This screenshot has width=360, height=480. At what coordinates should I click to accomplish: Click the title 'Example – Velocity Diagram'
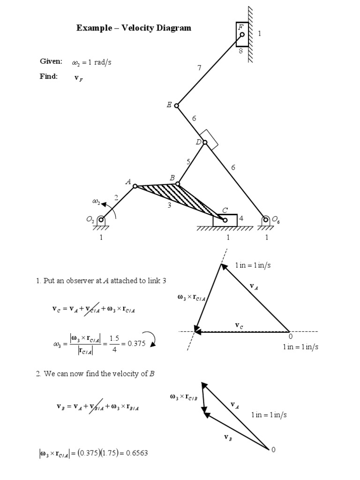point(134,28)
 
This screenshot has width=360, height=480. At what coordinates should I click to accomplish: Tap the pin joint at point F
point(242,34)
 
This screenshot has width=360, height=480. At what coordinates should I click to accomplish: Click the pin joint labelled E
point(177,105)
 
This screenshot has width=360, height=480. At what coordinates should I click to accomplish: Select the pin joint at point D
point(205,142)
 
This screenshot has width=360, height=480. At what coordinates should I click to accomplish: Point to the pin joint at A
point(135,186)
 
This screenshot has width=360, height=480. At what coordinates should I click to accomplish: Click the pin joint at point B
point(178,184)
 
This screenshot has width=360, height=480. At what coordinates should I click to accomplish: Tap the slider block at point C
point(225,220)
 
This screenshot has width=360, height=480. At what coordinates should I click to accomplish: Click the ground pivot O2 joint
point(101,219)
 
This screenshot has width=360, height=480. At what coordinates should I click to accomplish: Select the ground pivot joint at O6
point(266,219)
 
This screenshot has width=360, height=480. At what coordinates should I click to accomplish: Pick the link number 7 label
point(199,68)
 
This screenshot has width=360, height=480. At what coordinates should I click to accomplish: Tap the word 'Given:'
point(51,61)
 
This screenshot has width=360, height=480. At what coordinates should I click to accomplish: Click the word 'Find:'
point(49,76)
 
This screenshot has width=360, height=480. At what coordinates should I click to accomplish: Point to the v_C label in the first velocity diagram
point(239,325)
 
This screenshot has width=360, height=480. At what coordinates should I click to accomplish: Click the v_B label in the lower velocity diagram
point(228,437)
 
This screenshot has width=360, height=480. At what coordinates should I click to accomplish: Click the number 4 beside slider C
point(241,218)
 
